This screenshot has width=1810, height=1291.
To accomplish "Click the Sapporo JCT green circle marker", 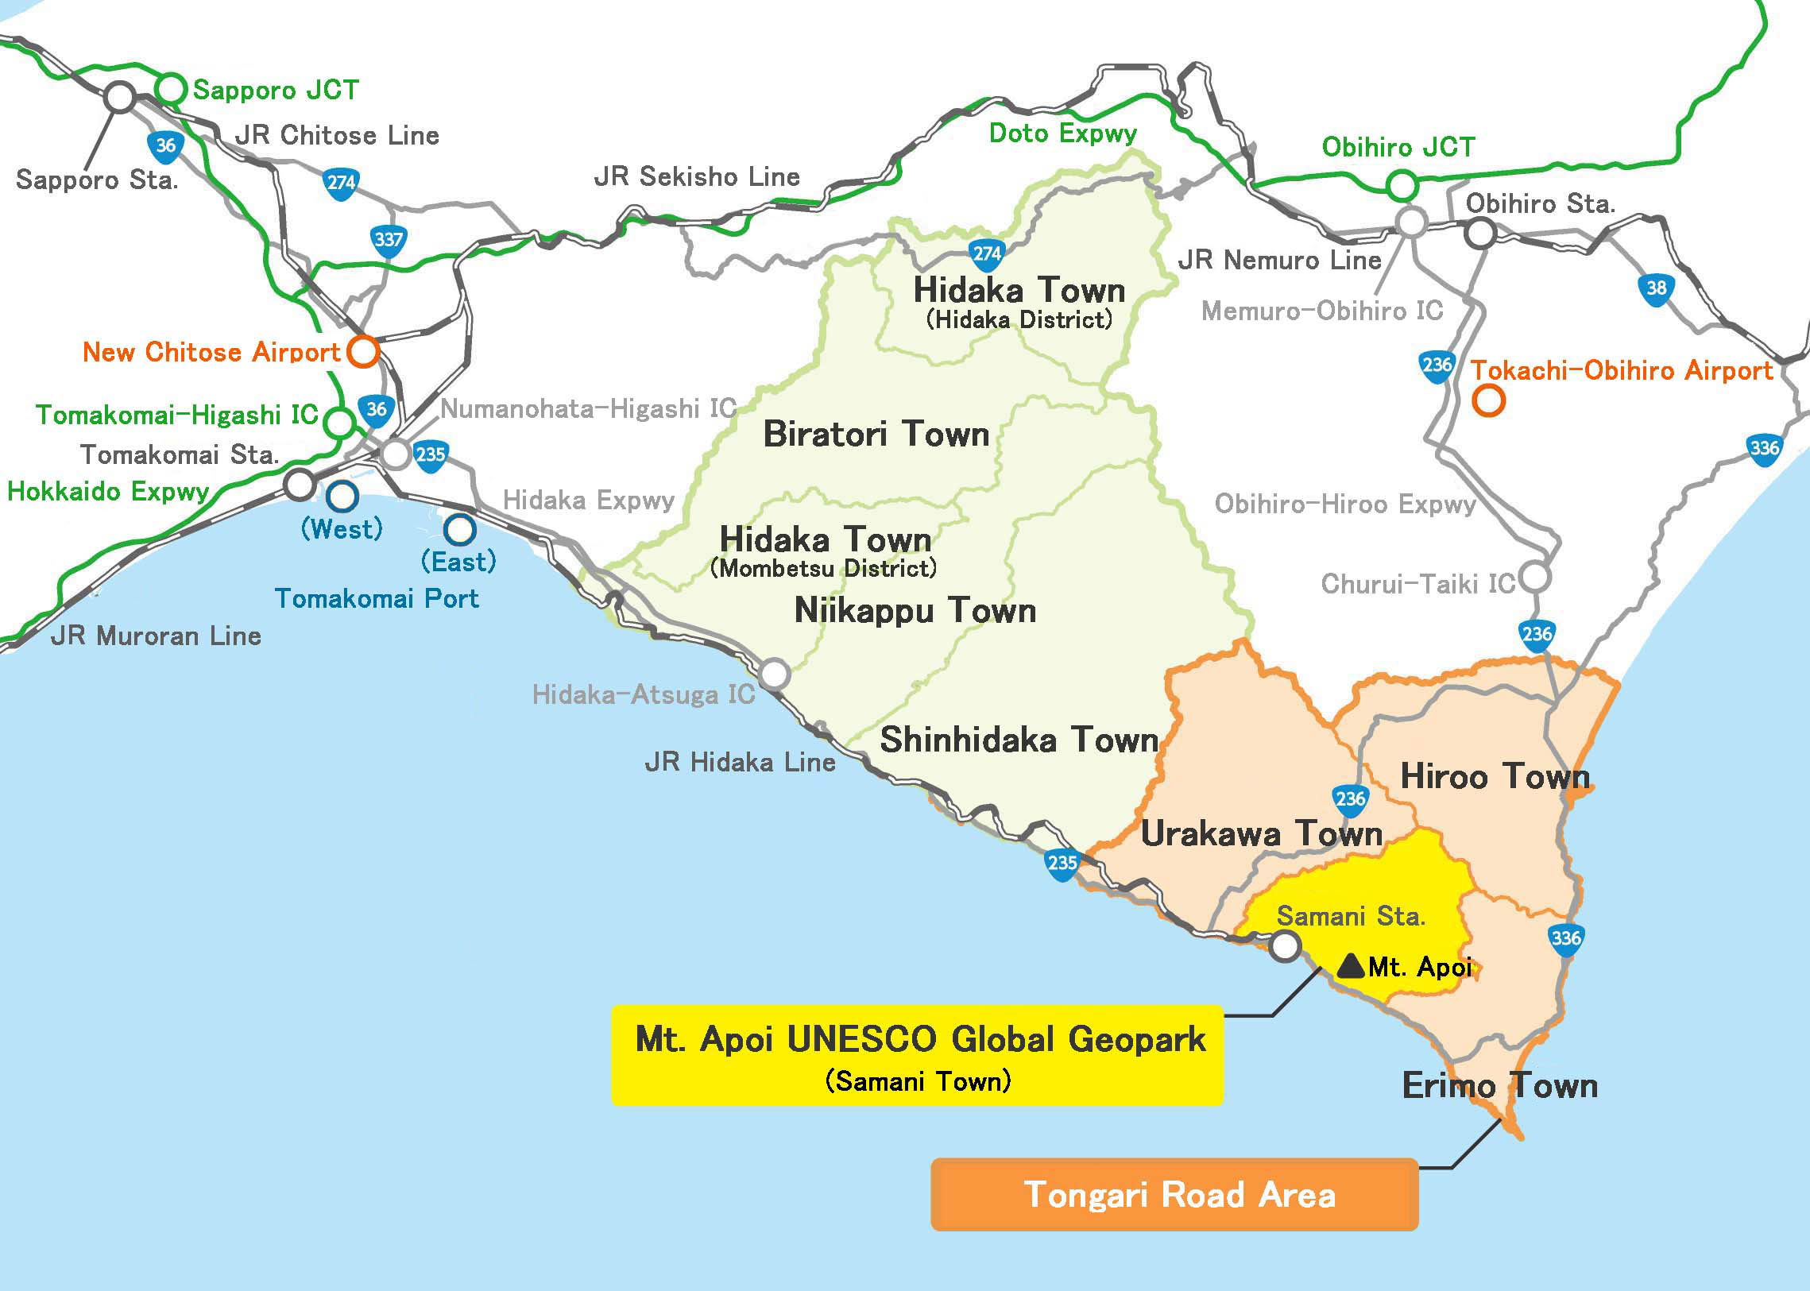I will tap(170, 88).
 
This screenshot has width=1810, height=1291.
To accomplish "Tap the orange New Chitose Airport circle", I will tap(363, 351).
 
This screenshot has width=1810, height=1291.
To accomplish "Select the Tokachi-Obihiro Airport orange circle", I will tap(1488, 400).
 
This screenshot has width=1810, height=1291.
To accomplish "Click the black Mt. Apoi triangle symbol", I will tap(1351, 966).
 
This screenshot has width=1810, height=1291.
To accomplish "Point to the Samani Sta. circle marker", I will tap(1285, 947).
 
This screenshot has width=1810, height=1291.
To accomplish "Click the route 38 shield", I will tap(1656, 288).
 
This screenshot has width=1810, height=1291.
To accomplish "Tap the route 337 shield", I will tap(389, 240).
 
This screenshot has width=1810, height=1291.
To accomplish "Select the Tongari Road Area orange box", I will tap(1174, 1194).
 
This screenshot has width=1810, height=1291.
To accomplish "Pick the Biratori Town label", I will tap(876, 434).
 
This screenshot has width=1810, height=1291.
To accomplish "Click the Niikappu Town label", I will tap(915, 610).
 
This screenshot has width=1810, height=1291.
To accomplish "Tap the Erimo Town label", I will tap(1499, 1085).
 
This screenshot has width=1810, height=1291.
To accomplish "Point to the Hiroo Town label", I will tap(1495, 776).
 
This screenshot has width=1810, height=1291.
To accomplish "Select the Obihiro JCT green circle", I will tap(1402, 186).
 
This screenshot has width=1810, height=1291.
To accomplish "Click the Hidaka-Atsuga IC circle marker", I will tap(773, 674).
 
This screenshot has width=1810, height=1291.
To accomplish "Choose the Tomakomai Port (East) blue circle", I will tap(458, 529).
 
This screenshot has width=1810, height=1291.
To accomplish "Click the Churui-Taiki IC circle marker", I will tap(1535, 577).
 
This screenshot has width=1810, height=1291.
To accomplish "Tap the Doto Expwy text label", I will tap(1062, 133).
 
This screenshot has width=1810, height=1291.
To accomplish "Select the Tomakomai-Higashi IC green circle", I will tap(340, 422).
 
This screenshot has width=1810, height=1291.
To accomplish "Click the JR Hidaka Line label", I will tap(739, 763).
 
